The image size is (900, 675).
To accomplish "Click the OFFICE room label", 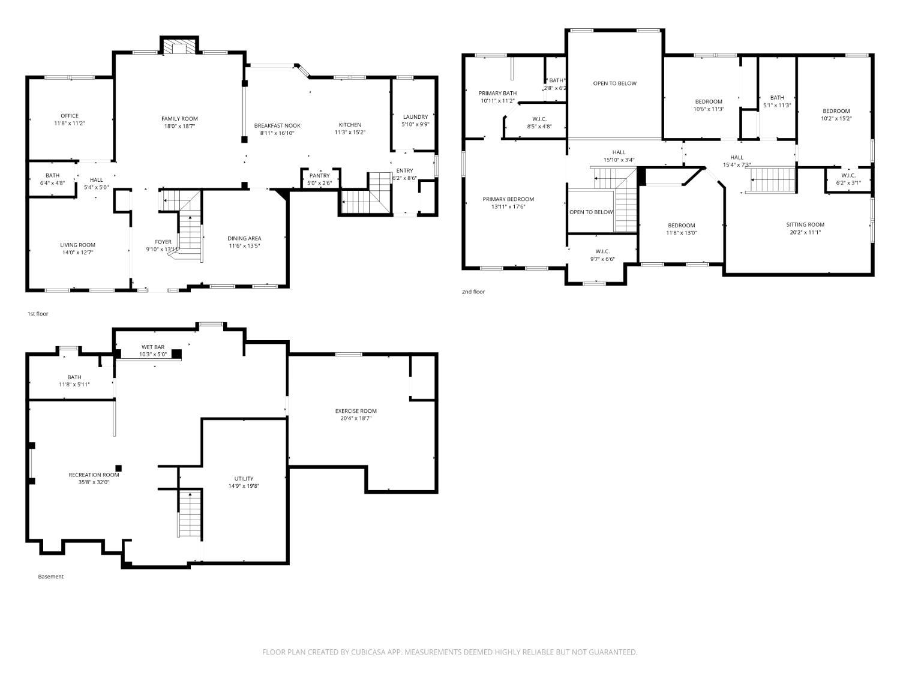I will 69,116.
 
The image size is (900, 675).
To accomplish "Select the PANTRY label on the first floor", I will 319,176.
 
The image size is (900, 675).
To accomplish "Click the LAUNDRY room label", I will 415,117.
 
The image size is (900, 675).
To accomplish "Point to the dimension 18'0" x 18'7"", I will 179,127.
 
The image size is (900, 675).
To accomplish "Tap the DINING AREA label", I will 244,238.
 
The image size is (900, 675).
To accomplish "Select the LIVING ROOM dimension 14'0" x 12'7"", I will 77,253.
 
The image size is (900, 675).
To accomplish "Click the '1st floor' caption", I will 38,314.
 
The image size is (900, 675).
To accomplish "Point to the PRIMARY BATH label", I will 497,93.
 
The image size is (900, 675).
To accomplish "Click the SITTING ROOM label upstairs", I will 805,225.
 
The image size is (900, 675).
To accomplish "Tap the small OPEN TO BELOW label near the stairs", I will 591,212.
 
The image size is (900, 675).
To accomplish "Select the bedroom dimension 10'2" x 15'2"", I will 836,119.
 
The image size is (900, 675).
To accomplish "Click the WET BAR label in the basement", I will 152,347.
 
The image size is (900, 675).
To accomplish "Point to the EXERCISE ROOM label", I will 356,411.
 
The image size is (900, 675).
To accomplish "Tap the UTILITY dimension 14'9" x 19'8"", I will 244,487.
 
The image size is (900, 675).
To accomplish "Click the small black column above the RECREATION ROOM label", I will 119,468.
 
